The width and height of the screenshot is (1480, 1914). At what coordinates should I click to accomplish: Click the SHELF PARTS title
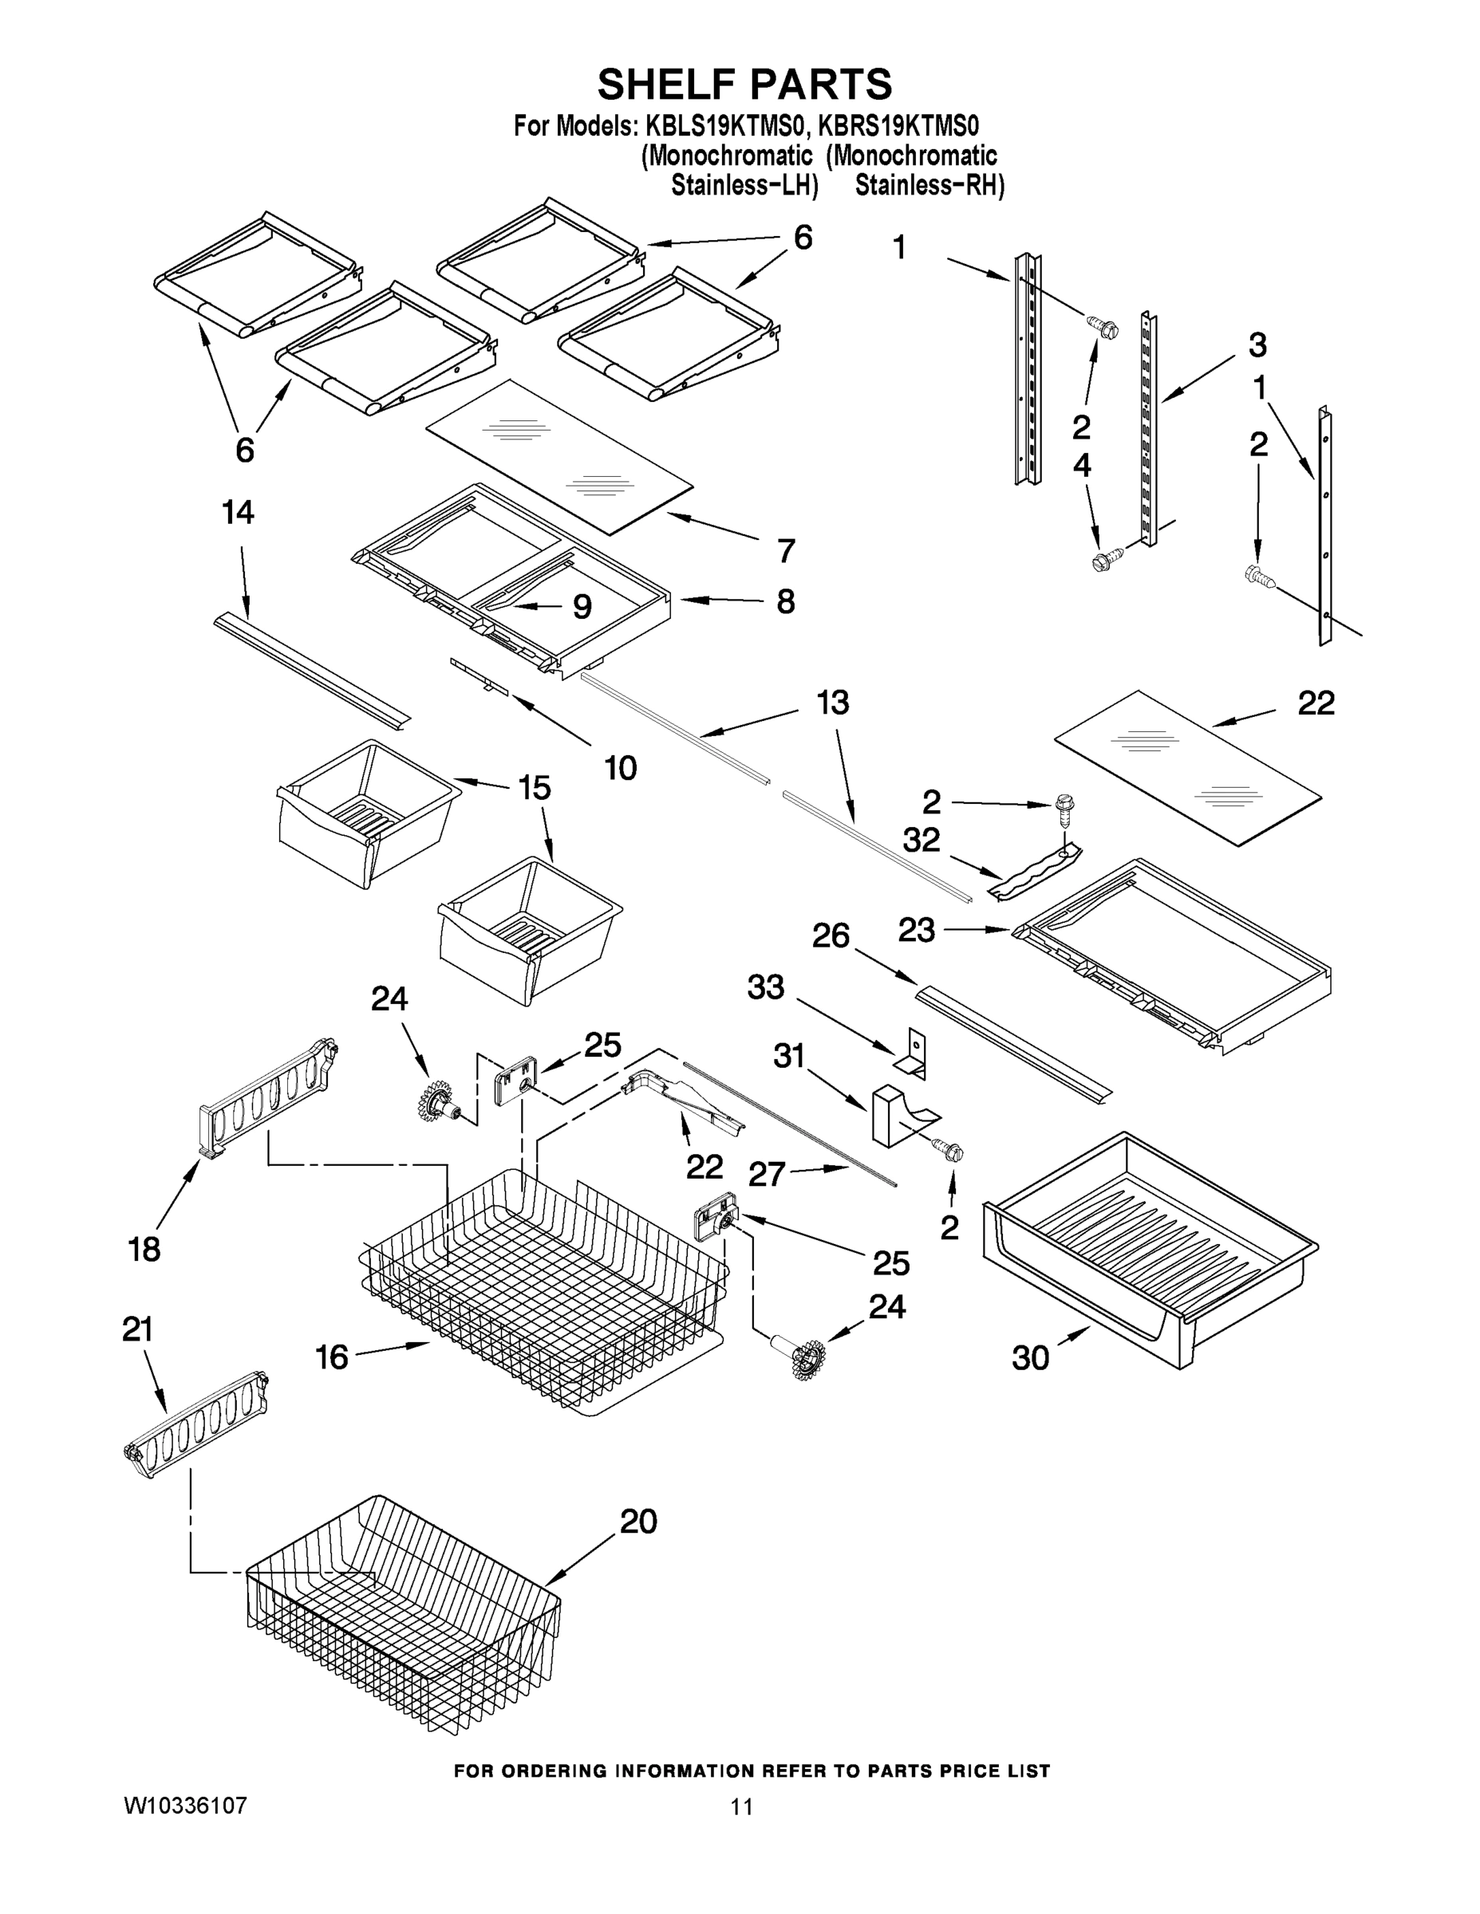click(x=744, y=85)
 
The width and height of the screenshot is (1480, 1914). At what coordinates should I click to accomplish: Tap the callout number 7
click(x=787, y=551)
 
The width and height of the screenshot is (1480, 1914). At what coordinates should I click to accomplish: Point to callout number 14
click(x=238, y=513)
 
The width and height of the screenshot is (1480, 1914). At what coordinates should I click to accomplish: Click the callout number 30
click(x=1030, y=1358)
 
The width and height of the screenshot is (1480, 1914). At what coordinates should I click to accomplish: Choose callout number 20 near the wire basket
click(x=638, y=1522)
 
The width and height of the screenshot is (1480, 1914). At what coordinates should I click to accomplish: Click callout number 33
click(x=765, y=987)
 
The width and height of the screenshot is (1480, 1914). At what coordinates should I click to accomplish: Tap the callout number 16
click(x=332, y=1357)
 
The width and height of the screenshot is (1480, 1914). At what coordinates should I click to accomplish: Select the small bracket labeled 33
click(x=913, y=1052)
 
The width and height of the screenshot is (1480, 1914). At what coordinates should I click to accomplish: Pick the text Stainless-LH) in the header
click(x=744, y=186)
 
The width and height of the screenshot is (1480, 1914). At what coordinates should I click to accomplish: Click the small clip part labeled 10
click(x=479, y=676)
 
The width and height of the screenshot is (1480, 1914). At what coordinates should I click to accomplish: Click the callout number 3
click(x=1257, y=345)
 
